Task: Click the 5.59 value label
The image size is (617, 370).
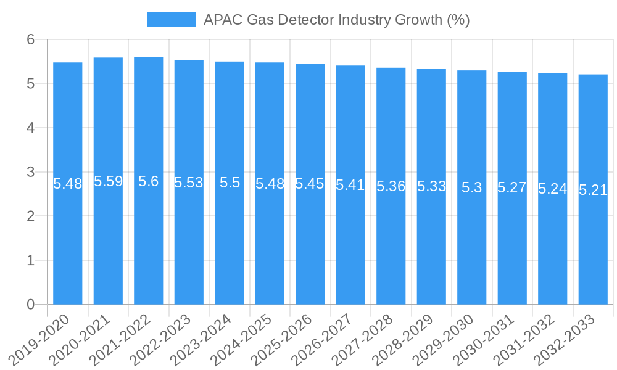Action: [x=108, y=182]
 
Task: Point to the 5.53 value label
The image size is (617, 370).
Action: [x=189, y=183]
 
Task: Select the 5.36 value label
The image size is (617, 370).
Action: [x=391, y=186]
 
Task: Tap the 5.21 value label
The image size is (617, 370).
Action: [x=593, y=190]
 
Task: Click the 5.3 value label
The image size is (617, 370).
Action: [x=471, y=188]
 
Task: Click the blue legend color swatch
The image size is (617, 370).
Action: [x=171, y=20]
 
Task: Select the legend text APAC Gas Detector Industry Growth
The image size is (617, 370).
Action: [x=337, y=20]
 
